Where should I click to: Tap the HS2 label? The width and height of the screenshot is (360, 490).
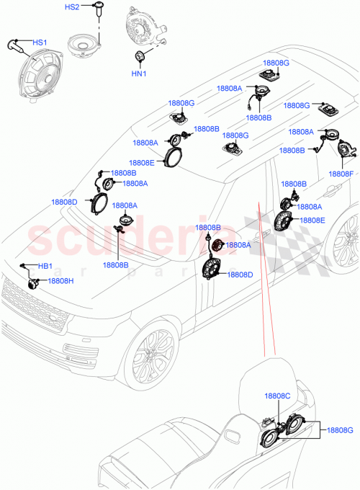(x=73, y=8)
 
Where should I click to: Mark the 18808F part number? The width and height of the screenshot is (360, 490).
(x=341, y=174)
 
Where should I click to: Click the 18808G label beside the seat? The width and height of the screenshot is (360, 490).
(x=338, y=430)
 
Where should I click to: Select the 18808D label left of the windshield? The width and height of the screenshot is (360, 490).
(x=64, y=202)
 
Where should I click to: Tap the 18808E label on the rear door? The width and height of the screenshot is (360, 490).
(x=312, y=220)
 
